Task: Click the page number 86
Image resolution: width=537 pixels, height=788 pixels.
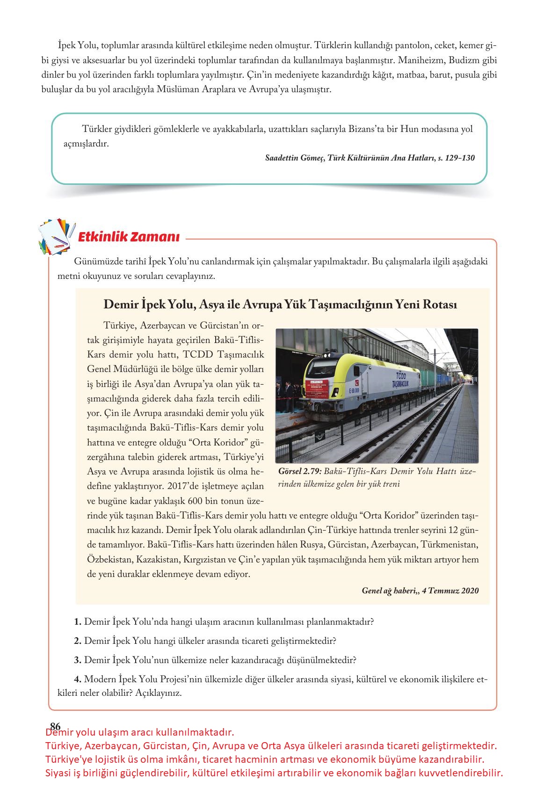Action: click(55, 726)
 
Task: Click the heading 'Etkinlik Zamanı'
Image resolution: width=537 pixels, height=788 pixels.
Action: click(129, 237)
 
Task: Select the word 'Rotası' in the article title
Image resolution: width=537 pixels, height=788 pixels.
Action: click(439, 305)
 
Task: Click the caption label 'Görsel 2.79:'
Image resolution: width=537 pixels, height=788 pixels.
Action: click(299, 471)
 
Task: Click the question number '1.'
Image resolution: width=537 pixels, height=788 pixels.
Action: click(78, 622)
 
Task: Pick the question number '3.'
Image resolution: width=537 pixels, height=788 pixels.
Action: click(78, 660)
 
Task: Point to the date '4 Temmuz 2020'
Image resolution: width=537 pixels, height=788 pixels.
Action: click(450, 591)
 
